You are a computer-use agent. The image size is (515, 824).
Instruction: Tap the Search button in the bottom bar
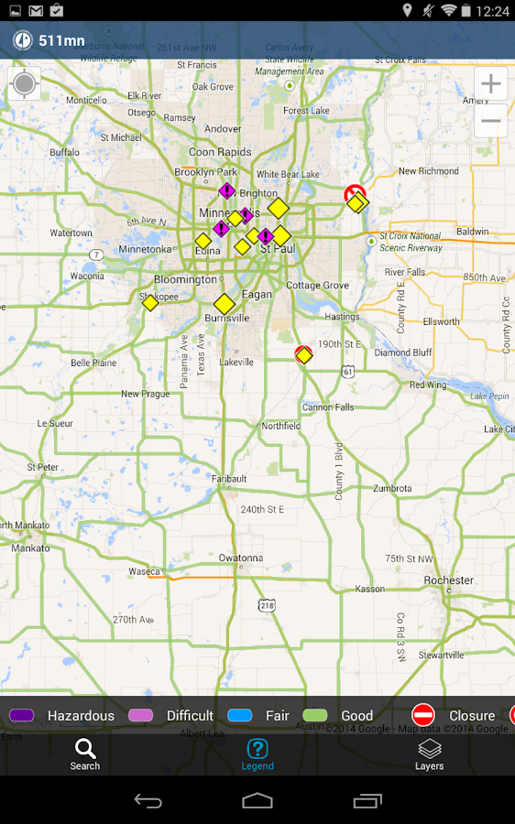click(x=84, y=754)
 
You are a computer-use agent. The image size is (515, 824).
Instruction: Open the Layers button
click(x=429, y=754)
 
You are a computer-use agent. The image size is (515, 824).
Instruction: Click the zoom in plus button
click(x=491, y=84)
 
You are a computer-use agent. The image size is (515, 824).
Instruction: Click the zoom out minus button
click(x=491, y=121)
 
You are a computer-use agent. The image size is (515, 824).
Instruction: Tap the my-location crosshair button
click(x=24, y=84)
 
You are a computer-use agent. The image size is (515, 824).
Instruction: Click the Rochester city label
click(x=449, y=580)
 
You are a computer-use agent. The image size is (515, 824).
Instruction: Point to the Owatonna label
click(x=240, y=558)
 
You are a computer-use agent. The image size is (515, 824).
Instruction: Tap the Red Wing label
click(x=428, y=385)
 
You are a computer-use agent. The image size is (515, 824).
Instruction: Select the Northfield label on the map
click(x=280, y=427)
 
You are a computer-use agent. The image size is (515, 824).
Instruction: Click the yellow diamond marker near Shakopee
click(x=150, y=302)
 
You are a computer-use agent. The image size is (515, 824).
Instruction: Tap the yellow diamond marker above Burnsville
click(x=224, y=303)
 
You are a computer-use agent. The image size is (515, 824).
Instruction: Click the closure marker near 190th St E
click(x=303, y=354)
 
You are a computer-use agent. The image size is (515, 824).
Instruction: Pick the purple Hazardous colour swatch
click(x=21, y=716)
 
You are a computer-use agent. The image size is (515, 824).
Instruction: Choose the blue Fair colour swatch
click(x=240, y=716)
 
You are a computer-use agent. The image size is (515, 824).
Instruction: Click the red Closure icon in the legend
click(x=422, y=716)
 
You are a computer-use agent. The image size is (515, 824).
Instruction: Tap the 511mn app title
click(x=61, y=40)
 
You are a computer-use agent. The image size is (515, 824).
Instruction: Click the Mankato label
click(x=31, y=548)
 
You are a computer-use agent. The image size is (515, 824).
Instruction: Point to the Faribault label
click(x=229, y=479)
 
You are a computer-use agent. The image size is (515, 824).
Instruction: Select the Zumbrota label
click(x=392, y=489)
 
